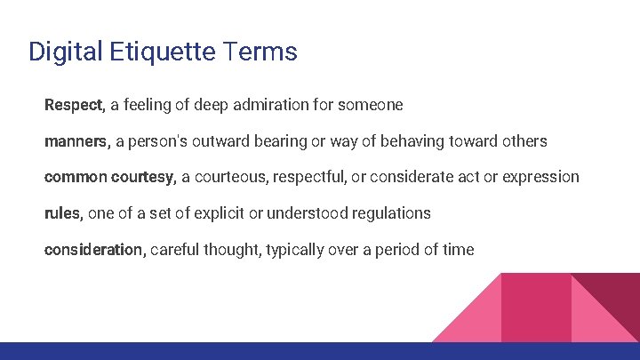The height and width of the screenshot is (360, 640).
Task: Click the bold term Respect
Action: click(74, 105)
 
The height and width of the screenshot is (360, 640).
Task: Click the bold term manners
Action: click(76, 141)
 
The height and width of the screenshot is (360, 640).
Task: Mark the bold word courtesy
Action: click(143, 177)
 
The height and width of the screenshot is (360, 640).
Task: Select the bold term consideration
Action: click(93, 250)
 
